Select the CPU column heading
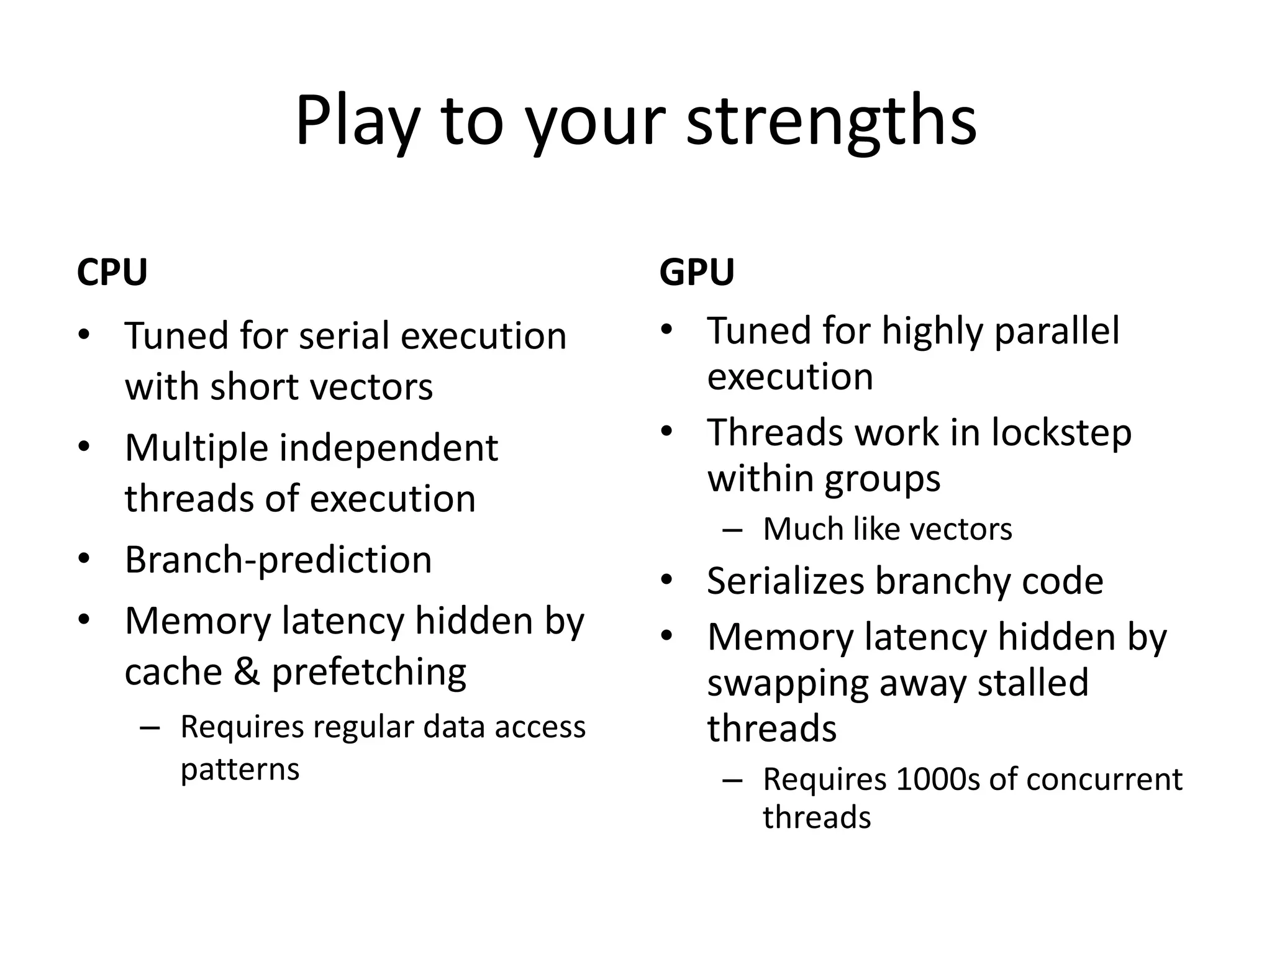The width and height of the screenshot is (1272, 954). point(112,272)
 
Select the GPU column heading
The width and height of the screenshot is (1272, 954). point(697,272)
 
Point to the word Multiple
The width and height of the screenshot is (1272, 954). point(196,448)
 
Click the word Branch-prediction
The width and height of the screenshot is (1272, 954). point(278,560)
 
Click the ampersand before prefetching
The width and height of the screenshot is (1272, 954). point(247,672)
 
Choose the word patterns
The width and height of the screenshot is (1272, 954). point(240,770)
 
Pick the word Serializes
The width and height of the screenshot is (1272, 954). point(785,581)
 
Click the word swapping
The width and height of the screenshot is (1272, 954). point(786,683)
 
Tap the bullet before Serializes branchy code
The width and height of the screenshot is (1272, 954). point(667,580)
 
